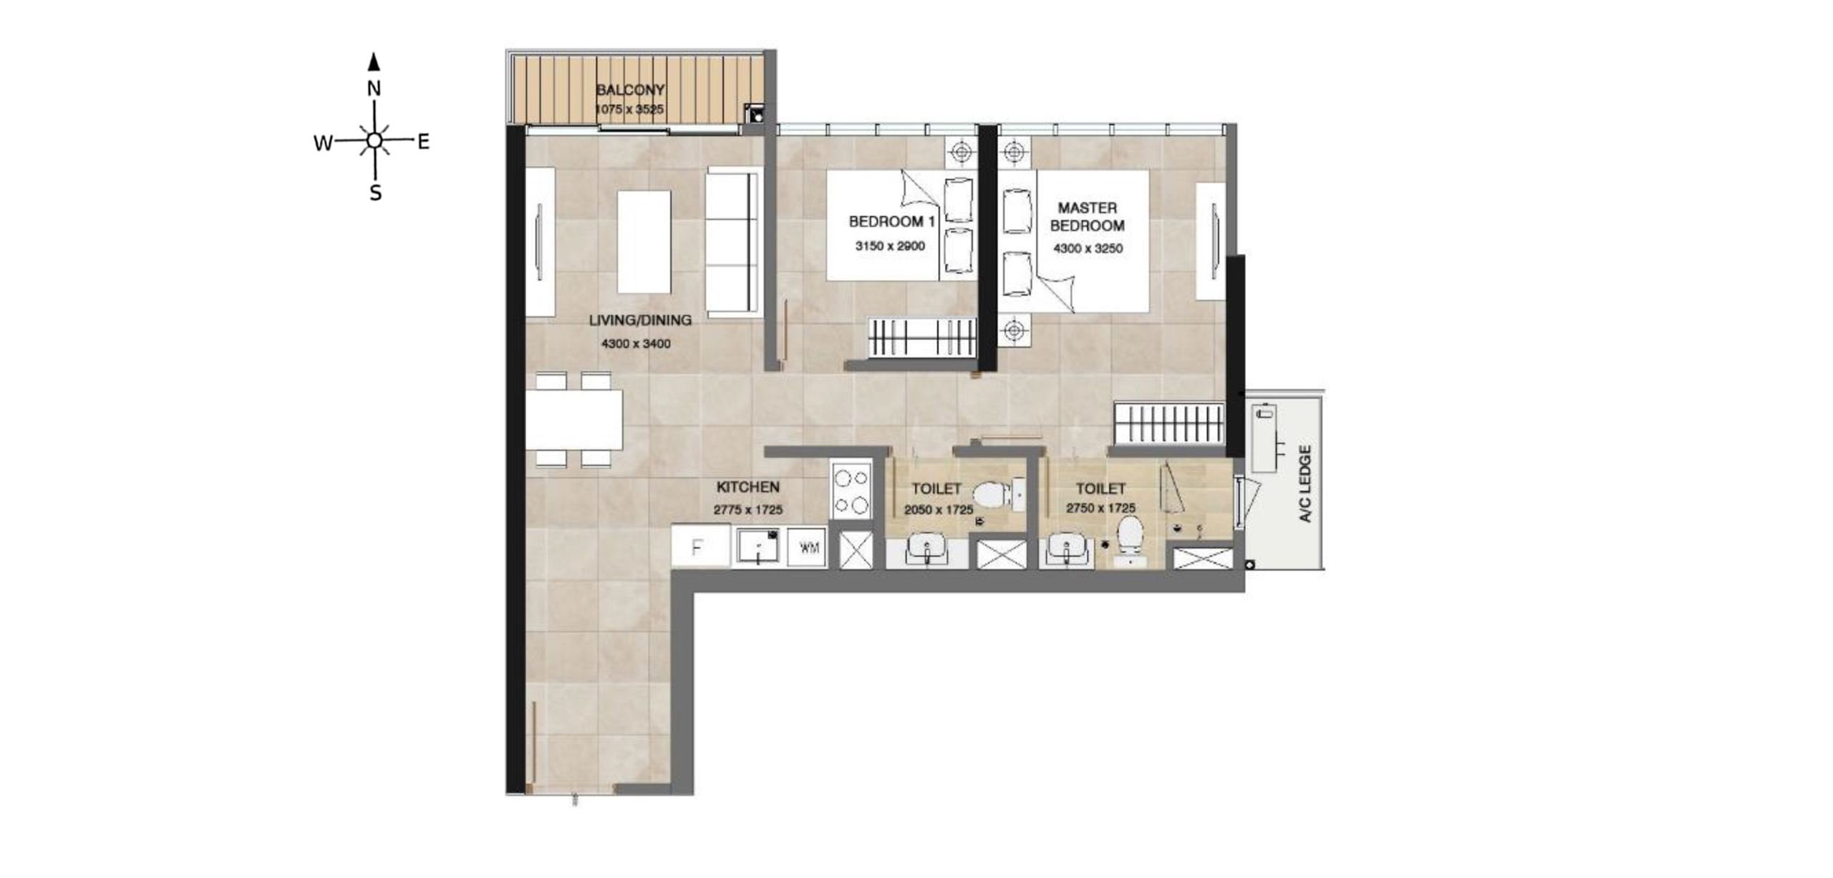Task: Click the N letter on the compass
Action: (374, 89)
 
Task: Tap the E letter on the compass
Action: (424, 142)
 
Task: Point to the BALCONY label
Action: (630, 90)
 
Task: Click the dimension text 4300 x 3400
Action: (636, 344)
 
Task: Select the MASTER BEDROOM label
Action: (1088, 216)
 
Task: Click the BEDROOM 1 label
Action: (891, 222)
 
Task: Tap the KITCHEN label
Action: (748, 487)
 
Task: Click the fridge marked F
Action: (700, 546)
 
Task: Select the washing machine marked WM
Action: (808, 548)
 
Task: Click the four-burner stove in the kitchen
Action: (851, 491)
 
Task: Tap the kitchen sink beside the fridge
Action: (758, 546)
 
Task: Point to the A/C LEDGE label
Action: (1305, 484)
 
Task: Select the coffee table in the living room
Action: (644, 242)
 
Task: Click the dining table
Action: (574, 420)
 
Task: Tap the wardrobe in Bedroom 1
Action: (923, 337)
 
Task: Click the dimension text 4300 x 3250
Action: (1088, 249)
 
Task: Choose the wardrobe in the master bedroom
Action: (1169, 423)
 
